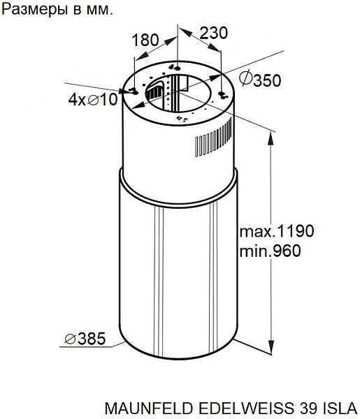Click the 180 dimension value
point(145,40)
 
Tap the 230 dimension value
point(214,33)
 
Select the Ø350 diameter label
point(260,79)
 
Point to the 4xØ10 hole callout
point(93,99)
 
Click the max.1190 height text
point(277,231)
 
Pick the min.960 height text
point(270,251)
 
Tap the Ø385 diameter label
point(85,339)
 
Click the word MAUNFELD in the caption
point(149,408)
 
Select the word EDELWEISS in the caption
point(247,408)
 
